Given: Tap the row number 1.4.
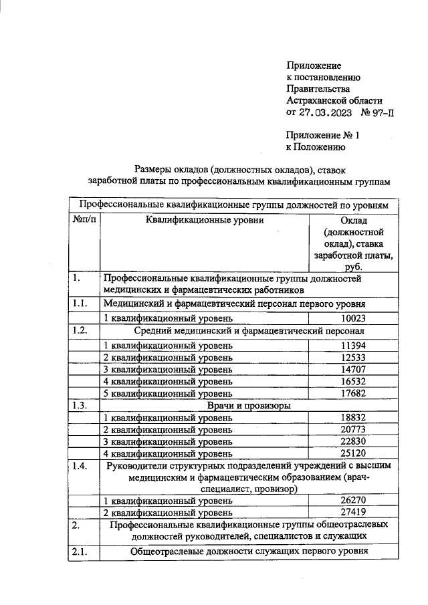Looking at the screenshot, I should pyautogui.click(x=81, y=466).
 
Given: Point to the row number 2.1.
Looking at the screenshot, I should pyautogui.click(x=81, y=552).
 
